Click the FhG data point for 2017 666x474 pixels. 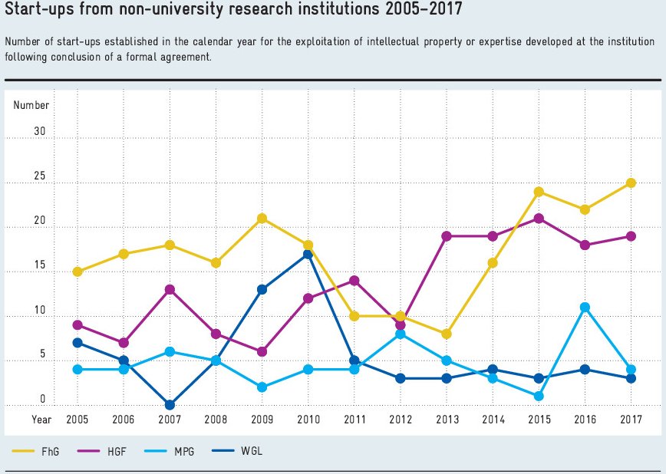pos(631,183)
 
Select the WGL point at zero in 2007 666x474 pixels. pos(170,405)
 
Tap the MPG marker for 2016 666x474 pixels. pos(585,308)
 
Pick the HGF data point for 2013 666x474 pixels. pos(447,236)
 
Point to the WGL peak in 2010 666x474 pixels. pos(308,254)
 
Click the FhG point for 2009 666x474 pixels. pos(262,219)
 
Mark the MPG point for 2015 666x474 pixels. pos(539,397)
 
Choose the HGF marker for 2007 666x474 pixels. pos(170,290)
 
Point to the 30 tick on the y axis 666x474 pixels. pos(39,132)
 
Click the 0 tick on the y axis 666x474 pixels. pos(43,399)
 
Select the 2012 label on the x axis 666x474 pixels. pos(400,420)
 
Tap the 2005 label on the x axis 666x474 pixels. pos(77,420)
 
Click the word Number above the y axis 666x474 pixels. pos(31,105)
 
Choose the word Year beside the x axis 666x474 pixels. pos(41,420)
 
